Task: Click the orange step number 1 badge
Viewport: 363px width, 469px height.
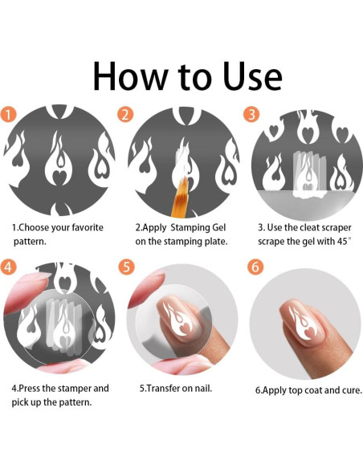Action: [x=8, y=115]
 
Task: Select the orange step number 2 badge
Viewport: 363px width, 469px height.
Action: [x=125, y=115]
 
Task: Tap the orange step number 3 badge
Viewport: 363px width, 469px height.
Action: [x=251, y=115]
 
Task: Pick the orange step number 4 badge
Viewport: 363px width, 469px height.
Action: [x=8, y=266]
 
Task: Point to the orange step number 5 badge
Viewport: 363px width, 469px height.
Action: [x=126, y=266]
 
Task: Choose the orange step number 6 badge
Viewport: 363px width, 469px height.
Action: [x=255, y=266]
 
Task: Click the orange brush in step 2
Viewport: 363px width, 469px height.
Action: [x=179, y=197]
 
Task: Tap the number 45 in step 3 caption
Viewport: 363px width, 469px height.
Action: [x=342, y=242]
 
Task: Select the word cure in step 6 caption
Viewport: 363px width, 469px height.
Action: [x=353, y=390]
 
